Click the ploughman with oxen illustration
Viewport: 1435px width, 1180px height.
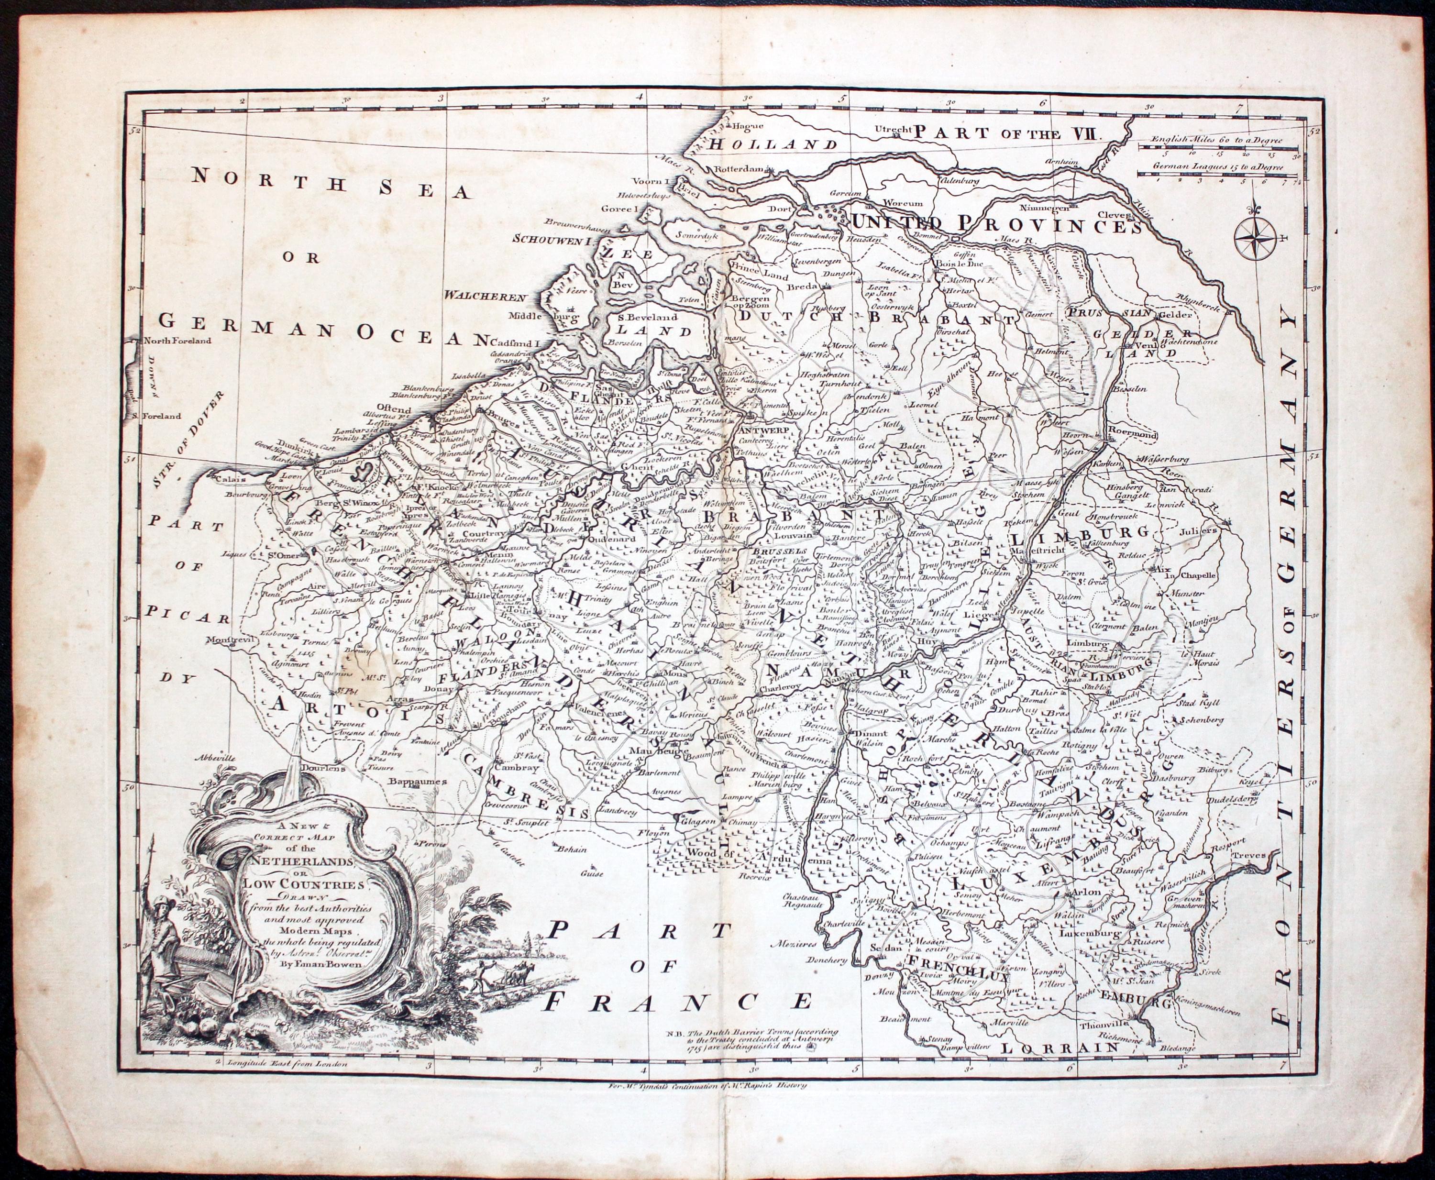pos(500,986)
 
